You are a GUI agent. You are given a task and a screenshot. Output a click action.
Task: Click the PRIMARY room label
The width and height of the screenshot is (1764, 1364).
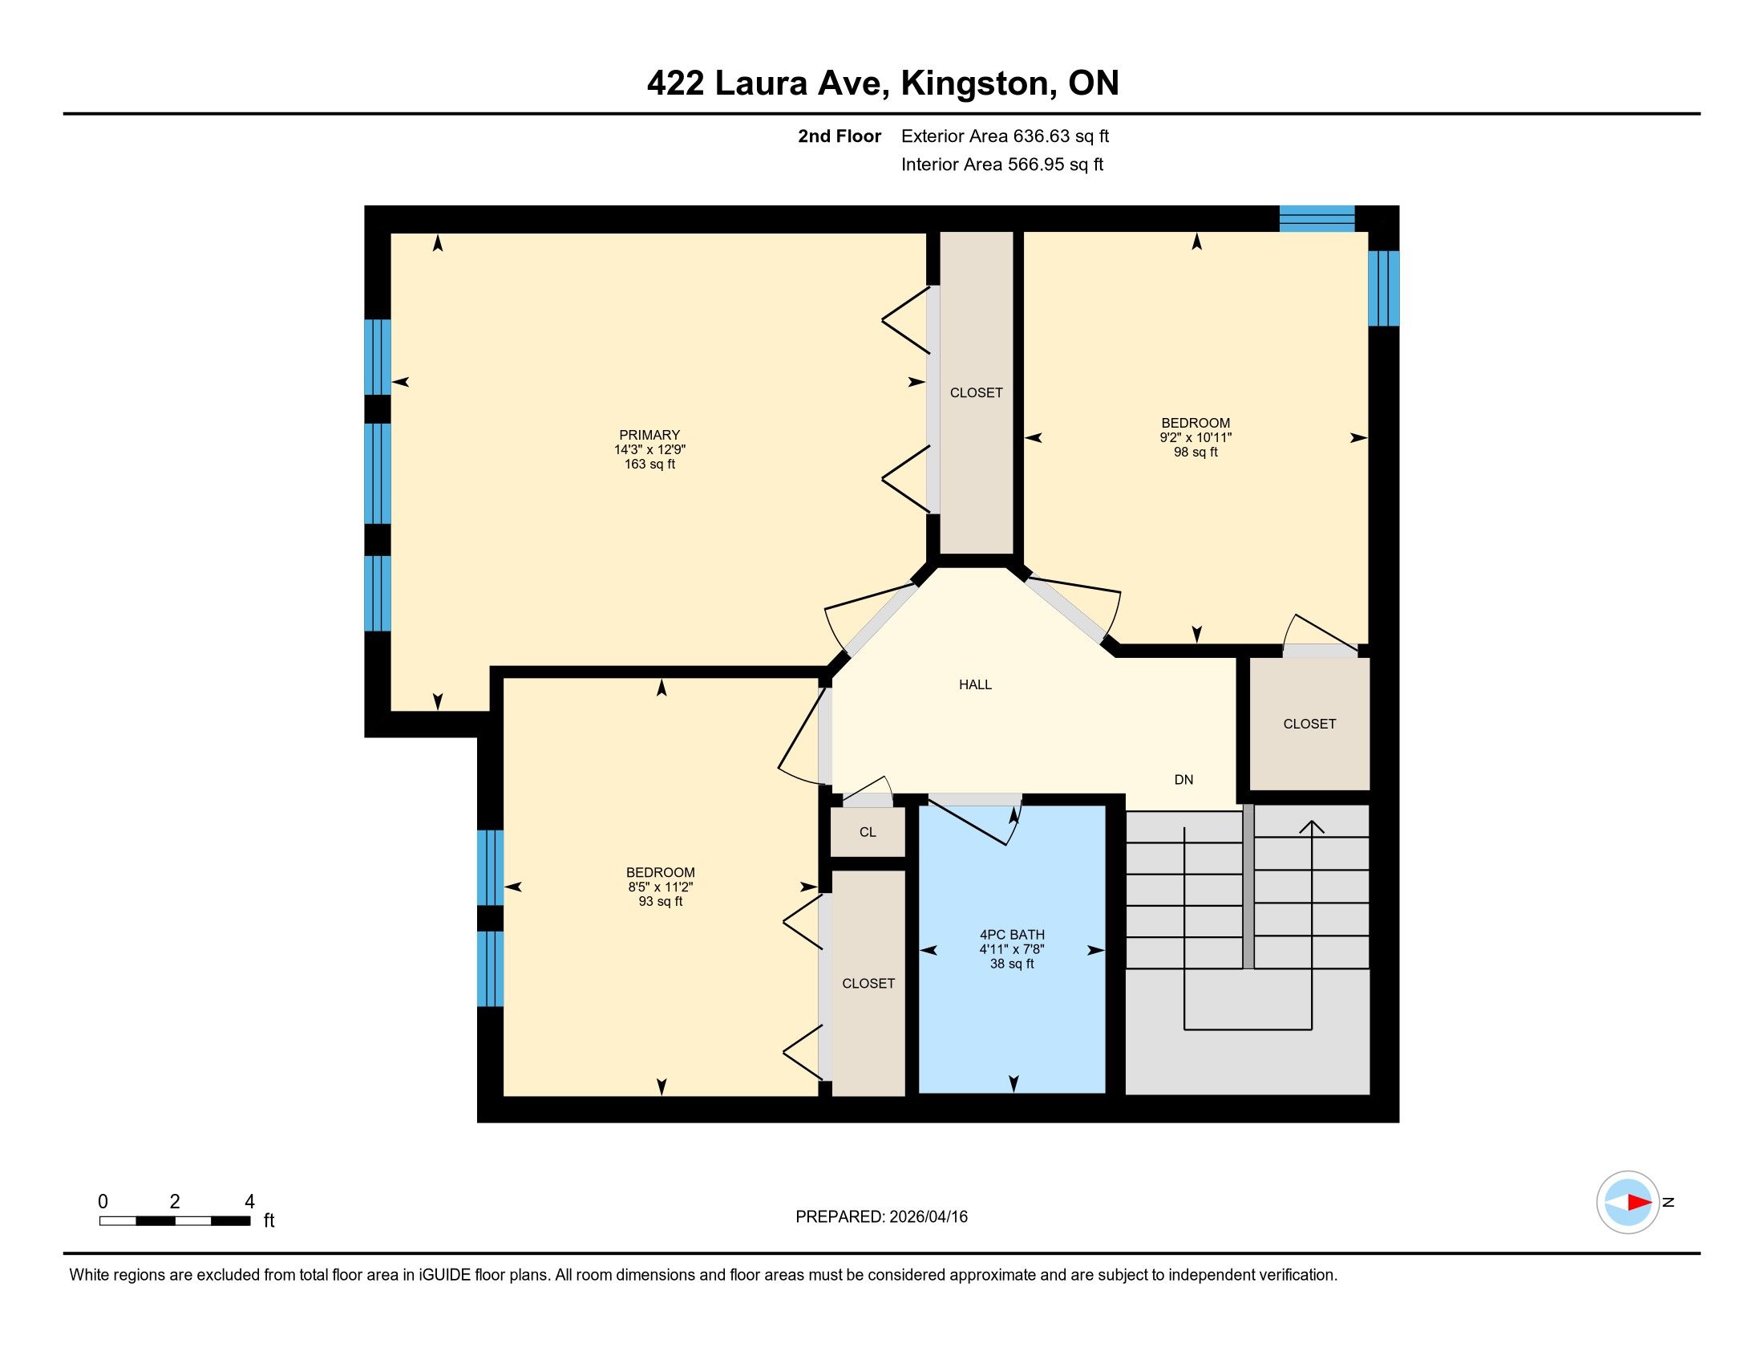[649, 435]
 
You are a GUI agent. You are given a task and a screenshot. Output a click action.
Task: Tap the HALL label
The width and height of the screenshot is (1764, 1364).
[975, 684]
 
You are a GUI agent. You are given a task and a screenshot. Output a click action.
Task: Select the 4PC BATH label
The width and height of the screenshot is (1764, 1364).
[1012, 934]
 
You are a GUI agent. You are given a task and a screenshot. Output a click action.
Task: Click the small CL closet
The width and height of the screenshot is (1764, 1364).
[868, 832]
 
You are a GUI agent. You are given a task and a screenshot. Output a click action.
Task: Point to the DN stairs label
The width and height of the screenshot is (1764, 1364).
[1183, 780]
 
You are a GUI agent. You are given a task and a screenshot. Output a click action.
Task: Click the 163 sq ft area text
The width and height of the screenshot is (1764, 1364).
[649, 465]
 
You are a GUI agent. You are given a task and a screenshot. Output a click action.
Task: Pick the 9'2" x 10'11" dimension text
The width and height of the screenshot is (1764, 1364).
[1196, 438]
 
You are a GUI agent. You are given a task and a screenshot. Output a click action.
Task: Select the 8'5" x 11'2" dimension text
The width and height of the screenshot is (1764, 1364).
[661, 887]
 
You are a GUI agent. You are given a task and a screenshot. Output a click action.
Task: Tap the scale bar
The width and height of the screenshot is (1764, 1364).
[175, 1221]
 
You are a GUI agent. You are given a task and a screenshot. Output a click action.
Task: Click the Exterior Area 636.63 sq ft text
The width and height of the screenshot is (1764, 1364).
[1005, 136]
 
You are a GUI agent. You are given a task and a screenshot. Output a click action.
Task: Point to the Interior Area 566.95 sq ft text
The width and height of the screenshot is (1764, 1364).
[1002, 164]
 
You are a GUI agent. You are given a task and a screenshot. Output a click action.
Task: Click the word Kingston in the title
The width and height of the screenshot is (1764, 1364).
[978, 83]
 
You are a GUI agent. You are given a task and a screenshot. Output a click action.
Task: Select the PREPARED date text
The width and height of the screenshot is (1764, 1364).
[881, 1217]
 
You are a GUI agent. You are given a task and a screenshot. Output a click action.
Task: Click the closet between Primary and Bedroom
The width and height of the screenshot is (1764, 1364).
[977, 392]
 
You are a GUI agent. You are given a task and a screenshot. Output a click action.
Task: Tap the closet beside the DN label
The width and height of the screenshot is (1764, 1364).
[1309, 724]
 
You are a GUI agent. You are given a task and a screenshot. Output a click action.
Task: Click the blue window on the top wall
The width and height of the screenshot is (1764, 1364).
[1317, 219]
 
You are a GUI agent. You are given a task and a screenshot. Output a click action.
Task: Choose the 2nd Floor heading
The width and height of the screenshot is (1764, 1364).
[840, 136]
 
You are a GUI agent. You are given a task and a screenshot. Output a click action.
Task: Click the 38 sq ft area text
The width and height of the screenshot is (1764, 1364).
[1012, 964]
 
